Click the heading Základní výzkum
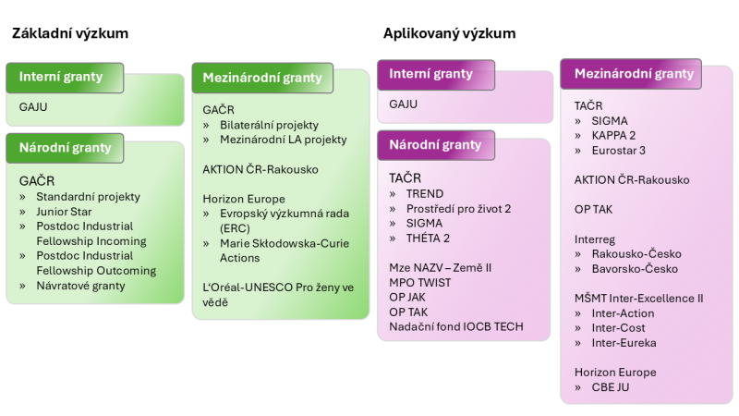(70, 33)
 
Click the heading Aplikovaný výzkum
(449, 33)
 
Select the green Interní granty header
(61, 77)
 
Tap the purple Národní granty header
(435, 145)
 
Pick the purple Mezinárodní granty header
(633, 74)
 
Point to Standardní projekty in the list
(88, 197)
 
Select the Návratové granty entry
(80, 286)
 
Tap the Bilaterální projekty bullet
(269, 125)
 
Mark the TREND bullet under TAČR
(425, 194)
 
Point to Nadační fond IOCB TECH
(456, 327)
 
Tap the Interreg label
(596, 239)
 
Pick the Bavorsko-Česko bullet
(635, 269)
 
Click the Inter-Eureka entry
(624, 343)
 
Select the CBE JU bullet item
(611, 387)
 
